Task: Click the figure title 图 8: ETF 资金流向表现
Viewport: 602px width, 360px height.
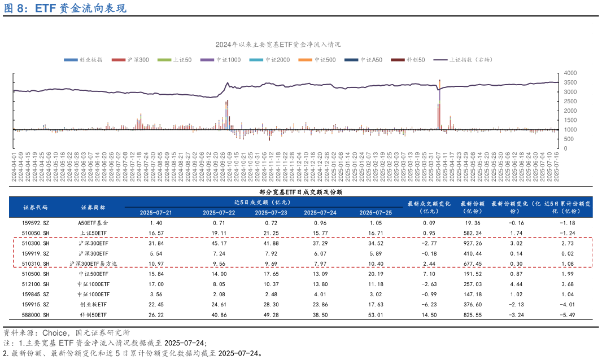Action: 66,8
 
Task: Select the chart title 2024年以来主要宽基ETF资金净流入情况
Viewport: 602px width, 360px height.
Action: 278,44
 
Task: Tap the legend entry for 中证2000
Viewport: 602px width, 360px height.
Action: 277,60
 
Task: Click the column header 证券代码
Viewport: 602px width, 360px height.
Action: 36,207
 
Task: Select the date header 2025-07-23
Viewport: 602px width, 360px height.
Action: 271,213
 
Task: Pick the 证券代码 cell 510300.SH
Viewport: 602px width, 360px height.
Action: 36,243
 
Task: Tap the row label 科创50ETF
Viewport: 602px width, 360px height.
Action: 93,314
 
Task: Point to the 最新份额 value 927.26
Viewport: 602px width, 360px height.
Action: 471,243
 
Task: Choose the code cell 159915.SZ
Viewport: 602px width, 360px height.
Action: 36,304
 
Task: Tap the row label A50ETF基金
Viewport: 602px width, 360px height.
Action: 93,223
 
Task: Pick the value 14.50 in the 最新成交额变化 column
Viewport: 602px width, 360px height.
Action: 429,314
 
